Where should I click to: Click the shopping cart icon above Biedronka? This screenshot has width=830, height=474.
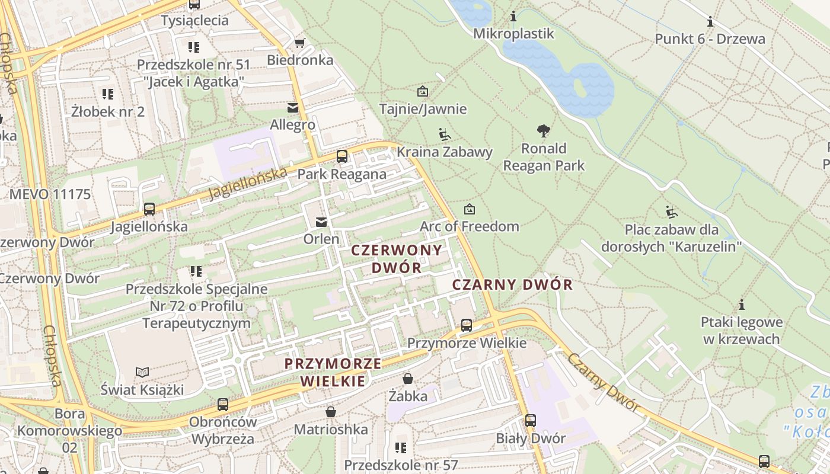[x=299, y=43]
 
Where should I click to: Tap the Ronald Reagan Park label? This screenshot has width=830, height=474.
[x=544, y=157]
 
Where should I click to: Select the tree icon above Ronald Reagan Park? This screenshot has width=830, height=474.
[x=543, y=131]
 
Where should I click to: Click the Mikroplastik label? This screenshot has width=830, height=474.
[x=513, y=34]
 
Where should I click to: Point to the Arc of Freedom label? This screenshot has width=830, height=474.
[x=469, y=226]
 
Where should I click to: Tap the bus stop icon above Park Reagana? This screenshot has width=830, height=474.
[x=342, y=156]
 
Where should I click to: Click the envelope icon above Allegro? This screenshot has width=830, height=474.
[x=292, y=108]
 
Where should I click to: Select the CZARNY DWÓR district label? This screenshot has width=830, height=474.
[x=512, y=285]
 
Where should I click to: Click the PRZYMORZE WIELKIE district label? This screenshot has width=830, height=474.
[x=333, y=372]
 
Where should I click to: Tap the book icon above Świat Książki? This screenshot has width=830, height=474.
[x=142, y=372]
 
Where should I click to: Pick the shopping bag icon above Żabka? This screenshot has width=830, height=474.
[x=408, y=379]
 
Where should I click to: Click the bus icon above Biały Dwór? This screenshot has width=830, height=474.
[x=530, y=421]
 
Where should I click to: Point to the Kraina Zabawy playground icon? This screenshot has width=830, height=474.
[x=444, y=134]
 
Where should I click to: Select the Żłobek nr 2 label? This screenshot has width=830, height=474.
[x=107, y=111]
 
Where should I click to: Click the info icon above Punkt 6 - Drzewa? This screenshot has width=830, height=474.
[x=710, y=23]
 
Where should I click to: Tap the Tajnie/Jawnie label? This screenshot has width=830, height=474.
[x=423, y=109]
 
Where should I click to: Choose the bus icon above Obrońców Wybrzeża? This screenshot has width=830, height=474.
[x=222, y=405]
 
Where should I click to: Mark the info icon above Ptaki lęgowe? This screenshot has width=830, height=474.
[x=741, y=305]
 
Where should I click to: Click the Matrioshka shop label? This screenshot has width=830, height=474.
[x=331, y=429]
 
